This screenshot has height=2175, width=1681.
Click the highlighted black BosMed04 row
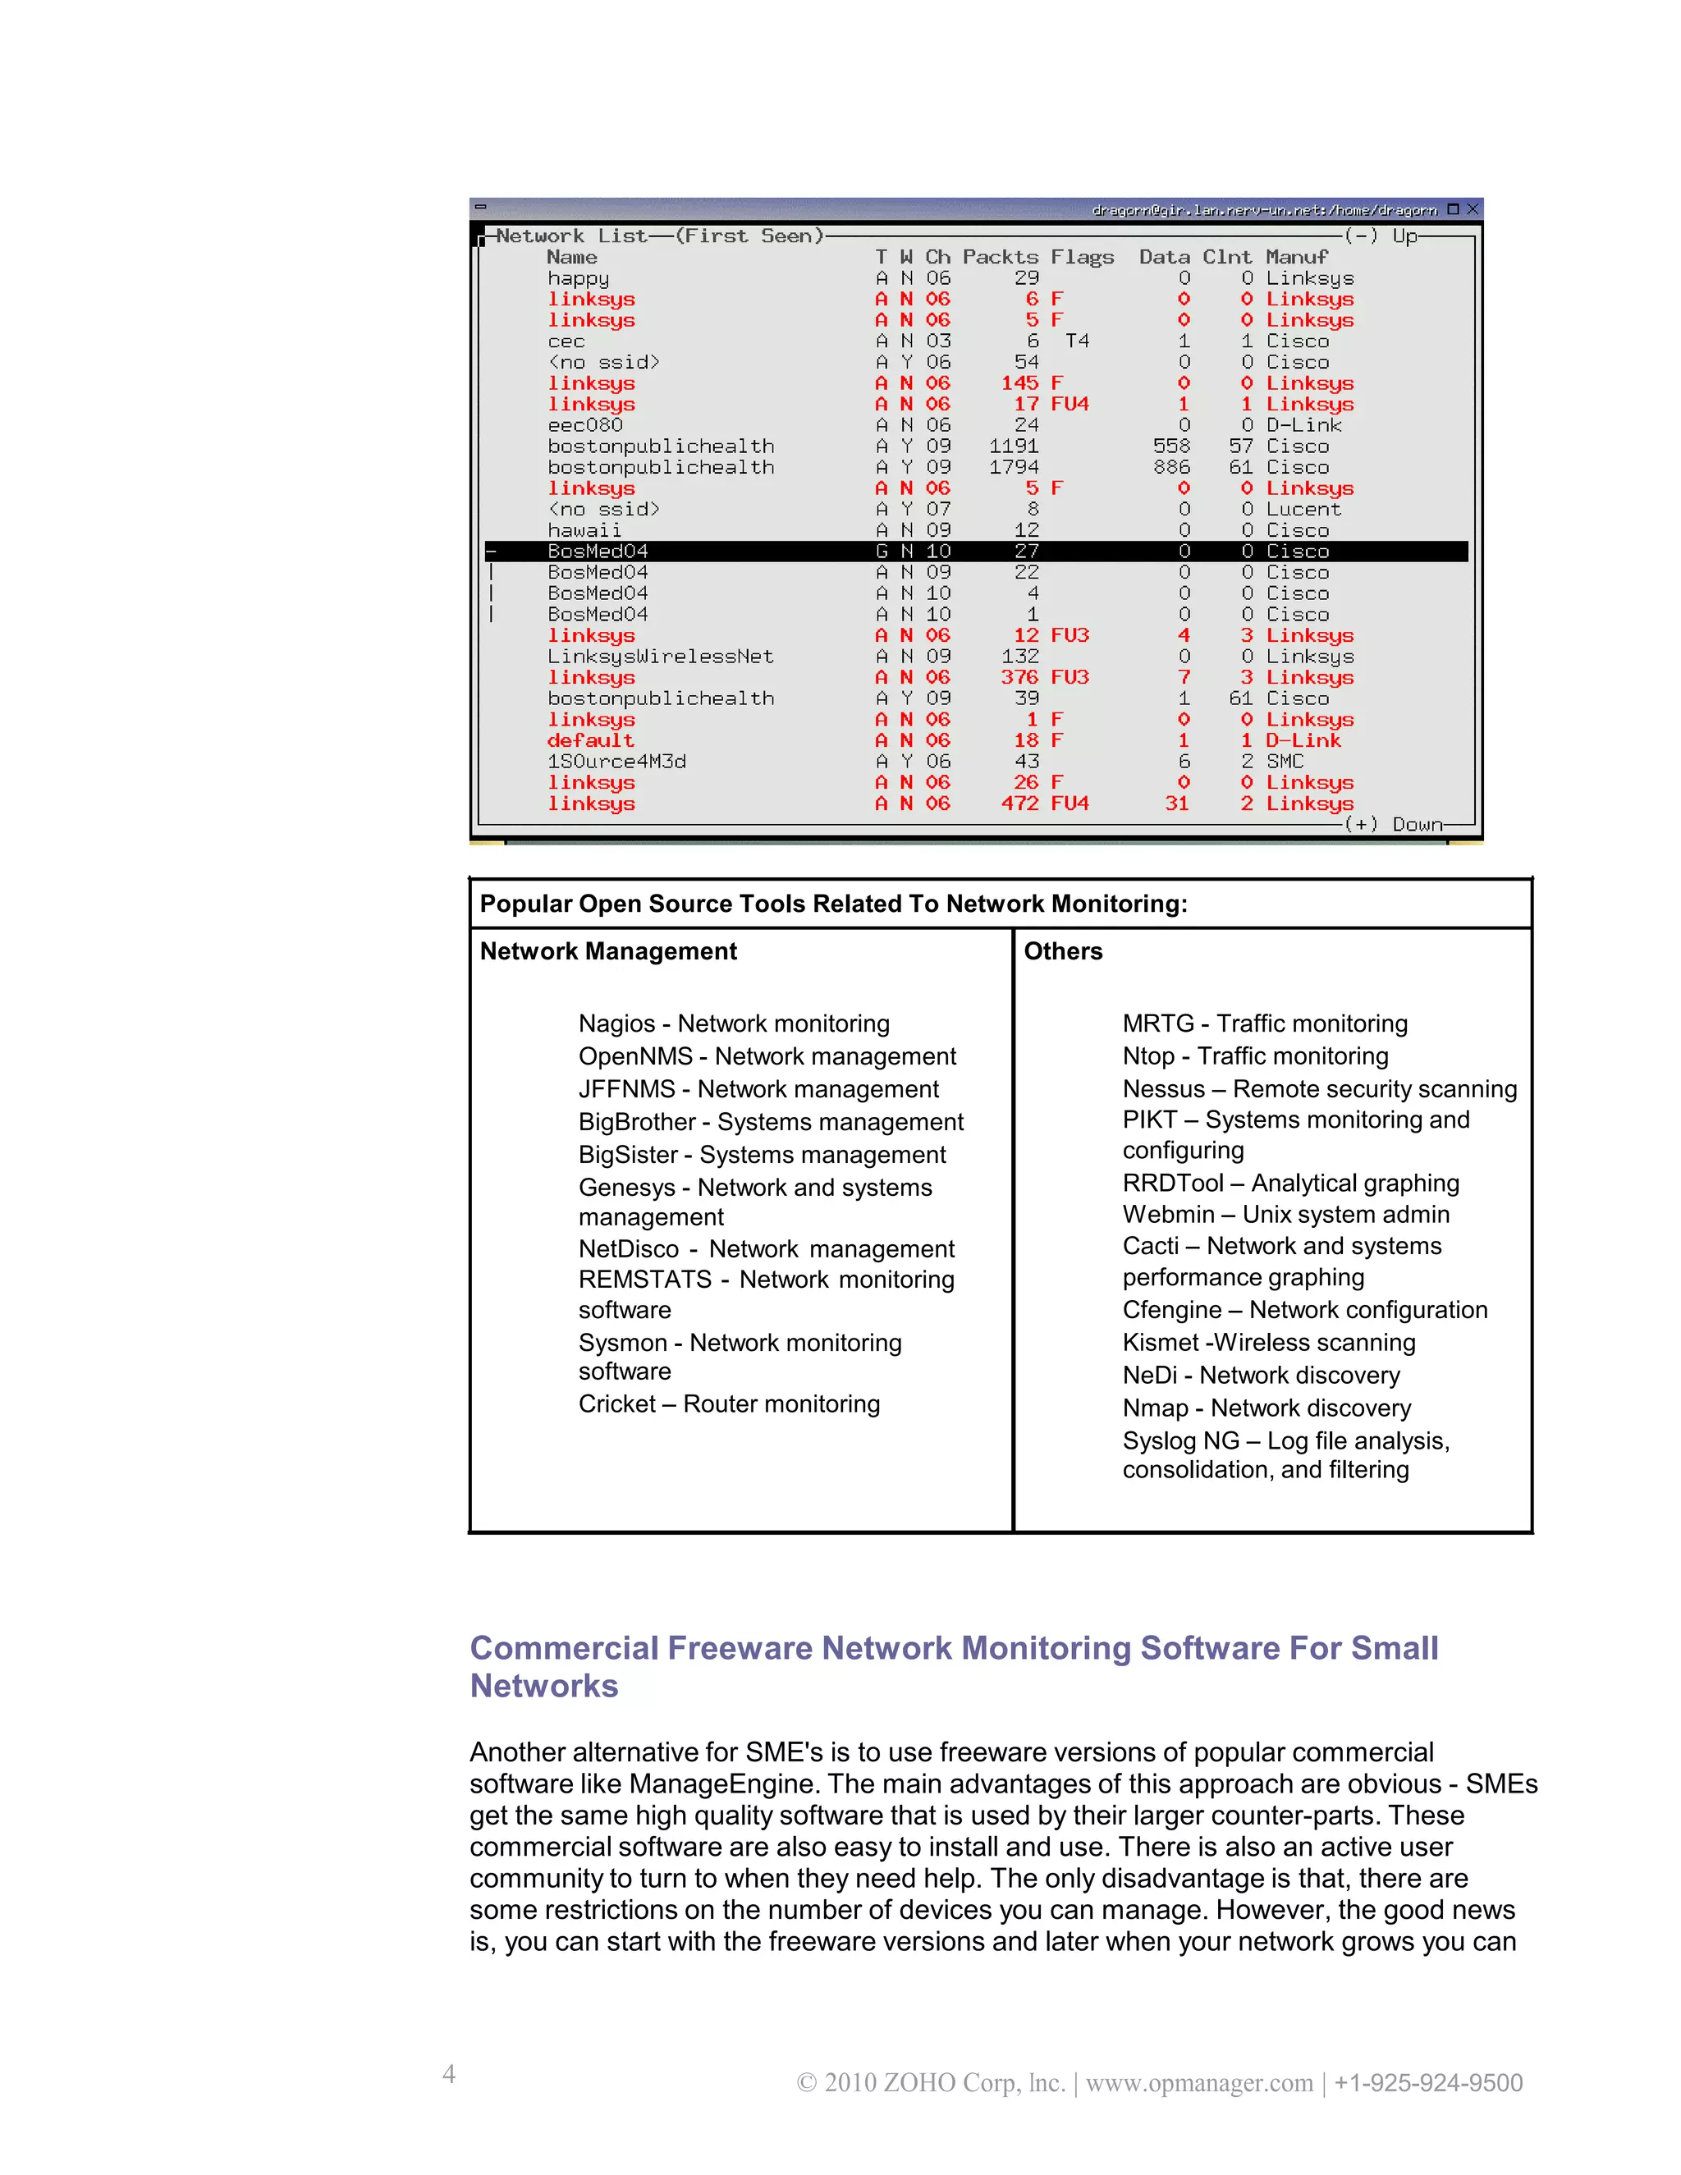[x=976, y=551]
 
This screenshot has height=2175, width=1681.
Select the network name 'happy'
[x=578, y=279]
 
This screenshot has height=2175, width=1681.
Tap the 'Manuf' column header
[x=1297, y=257]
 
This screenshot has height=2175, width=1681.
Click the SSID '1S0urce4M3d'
[x=616, y=762]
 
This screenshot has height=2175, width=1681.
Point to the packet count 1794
[x=1014, y=467]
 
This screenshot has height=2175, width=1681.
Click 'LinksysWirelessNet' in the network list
[x=660, y=657]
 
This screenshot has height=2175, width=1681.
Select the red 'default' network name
[x=590, y=741]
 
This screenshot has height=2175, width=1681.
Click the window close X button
[x=1472, y=209]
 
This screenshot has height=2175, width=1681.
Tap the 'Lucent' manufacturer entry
[x=1303, y=509]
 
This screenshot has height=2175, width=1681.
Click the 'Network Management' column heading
[x=607, y=951]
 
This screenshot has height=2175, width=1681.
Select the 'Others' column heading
[x=1063, y=951]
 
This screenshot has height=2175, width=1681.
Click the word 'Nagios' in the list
[x=616, y=1023]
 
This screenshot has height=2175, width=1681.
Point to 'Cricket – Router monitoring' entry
[x=729, y=1404]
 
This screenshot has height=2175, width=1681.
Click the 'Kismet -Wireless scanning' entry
[x=1269, y=1343]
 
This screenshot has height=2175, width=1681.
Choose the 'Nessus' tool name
[x=1163, y=1088]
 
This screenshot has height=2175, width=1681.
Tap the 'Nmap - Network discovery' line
[x=1266, y=1408]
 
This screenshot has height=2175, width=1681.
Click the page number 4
[x=449, y=2073]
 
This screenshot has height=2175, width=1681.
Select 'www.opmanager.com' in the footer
[x=1199, y=2082]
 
